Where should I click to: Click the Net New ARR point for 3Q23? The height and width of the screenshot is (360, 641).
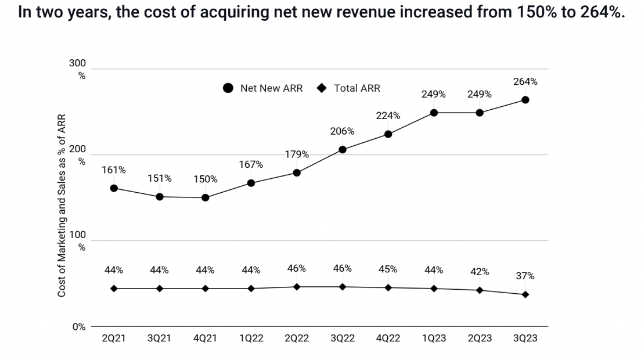[x=525, y=100]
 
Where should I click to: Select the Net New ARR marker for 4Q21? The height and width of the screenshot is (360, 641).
[x=205, y=197]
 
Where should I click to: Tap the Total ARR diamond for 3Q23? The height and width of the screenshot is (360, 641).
[x=525, y=294]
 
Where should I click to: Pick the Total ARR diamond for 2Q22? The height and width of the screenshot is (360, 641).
[x=297, y=287]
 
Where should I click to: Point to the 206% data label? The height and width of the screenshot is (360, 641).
[x=342, y=131]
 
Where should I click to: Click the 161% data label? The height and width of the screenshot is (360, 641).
[x=114, y=170]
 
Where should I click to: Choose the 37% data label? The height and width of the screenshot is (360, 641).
[x=525, y=276]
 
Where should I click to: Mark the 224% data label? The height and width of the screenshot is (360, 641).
[x=388, y=116]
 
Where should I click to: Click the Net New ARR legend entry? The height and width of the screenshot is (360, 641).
[x=264, y=89]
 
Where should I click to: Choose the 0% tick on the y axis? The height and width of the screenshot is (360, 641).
[x=78, y=327]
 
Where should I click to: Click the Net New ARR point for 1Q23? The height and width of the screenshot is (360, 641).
[x=434, y=113]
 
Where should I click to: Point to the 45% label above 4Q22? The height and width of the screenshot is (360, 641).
[x=388, y=269]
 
